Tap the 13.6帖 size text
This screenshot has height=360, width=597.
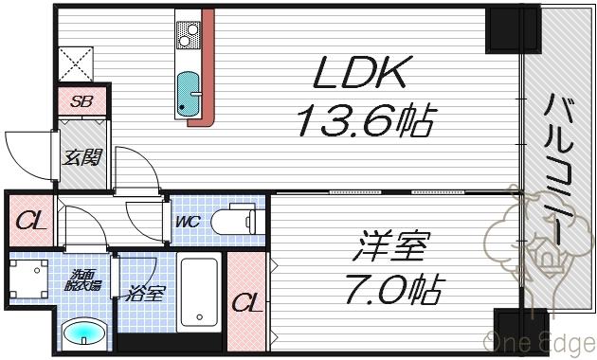(365, 119)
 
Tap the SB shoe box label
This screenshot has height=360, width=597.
(81, 99)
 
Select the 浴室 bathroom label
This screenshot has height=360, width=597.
(147, 292)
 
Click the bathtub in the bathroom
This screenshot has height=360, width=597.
(199, 292)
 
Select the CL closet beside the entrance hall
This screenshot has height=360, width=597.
(32, 223)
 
